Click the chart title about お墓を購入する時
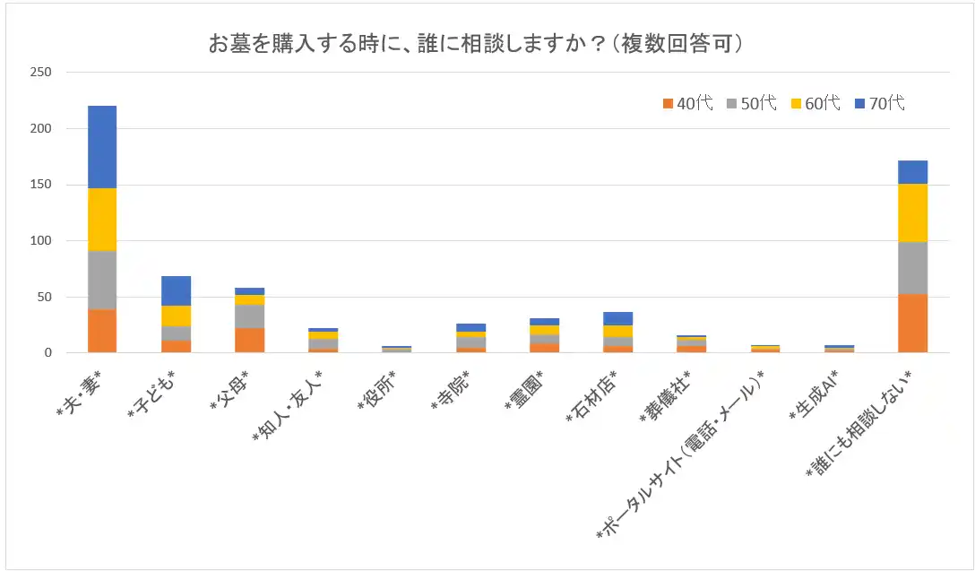[476, 43]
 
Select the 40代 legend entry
[687, 103]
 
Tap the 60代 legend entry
[815, 103]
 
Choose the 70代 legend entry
[879, 103]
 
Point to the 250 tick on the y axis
[40, 73]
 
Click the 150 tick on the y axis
[40, 185]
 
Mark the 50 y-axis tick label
[44, 297]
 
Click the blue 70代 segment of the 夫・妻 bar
[102, 147]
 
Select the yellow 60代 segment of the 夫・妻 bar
[102, 220]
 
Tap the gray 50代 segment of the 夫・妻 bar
[102, 280]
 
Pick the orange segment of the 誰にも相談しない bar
[912, 323]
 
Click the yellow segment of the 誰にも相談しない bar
[912, 212]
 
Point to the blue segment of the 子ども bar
[176, 290]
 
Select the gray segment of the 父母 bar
[249, 316]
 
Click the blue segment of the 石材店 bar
[618, 318]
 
